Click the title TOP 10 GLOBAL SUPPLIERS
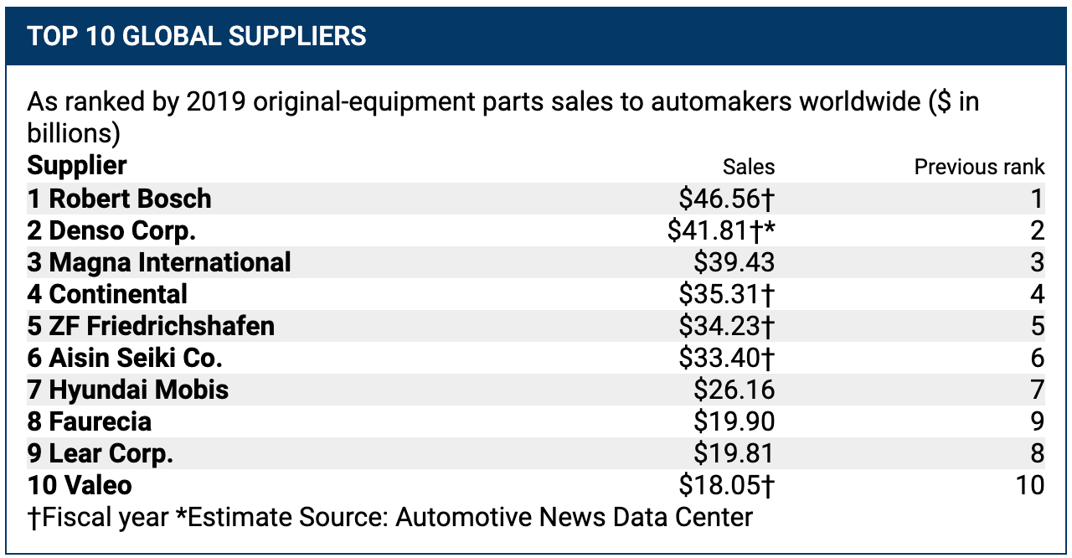click(197, 36)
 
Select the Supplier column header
click(77, 164)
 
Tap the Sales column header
click(749, 166)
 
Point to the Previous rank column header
click(979, 166)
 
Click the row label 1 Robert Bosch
click(120, 199)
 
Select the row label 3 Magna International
click(159, 262)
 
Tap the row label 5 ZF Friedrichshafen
click(151, 326)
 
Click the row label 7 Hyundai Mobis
click(128, 390)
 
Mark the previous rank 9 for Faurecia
click(1037, 421)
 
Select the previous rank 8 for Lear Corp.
click(1037, 453)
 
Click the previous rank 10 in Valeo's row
click(1029, 485)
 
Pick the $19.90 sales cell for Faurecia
click(734, 421)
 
